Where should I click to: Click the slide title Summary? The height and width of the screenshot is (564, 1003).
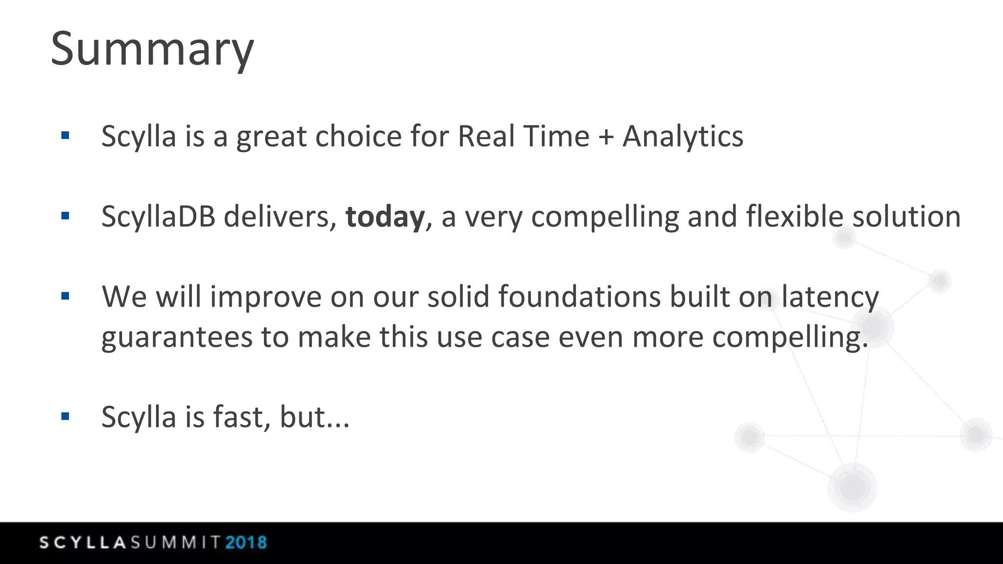click(x=152, y=49)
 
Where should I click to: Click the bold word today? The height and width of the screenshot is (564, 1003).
click(x=385, y=217)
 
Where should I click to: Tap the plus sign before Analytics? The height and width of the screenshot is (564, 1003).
click(x=606, y=137)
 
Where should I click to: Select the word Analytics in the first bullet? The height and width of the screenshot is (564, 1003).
click(x=683, y=137)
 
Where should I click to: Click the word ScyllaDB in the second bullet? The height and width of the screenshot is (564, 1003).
click(x=158, y=217)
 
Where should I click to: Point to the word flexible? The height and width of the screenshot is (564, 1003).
click(x=795, y=217)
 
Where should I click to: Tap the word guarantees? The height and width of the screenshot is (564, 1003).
click(x=176, y=338)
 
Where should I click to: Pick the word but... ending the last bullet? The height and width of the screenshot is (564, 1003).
click(x=314, y=417)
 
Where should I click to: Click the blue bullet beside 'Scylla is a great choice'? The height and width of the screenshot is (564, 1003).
click(x=65, y=136)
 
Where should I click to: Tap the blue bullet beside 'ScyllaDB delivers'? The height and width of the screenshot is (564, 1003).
click(x=65, y=216)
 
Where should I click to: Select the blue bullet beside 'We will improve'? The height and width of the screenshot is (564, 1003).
click(x=65, y=296)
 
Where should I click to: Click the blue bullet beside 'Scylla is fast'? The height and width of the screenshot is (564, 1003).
click(x=65, y=417)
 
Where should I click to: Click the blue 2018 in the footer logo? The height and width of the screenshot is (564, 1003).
click(x=246, y=542)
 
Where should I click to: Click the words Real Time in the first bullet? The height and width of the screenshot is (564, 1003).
click(x=523, y=137)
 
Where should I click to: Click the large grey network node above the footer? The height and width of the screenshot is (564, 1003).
click(x=853, y=487)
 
